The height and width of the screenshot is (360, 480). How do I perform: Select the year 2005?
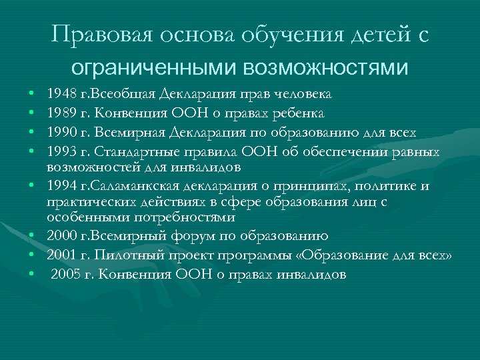[x=65, y=273]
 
